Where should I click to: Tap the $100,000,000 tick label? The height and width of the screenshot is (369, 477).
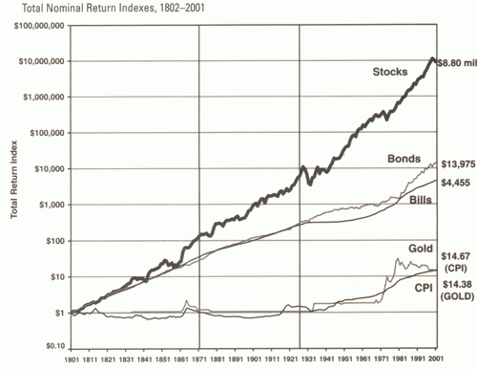click(x=38, y=25)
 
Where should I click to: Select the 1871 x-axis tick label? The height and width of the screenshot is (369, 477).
click(x=198, y=359)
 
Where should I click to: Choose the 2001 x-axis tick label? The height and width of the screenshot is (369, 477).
click(x=435, y=359)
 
